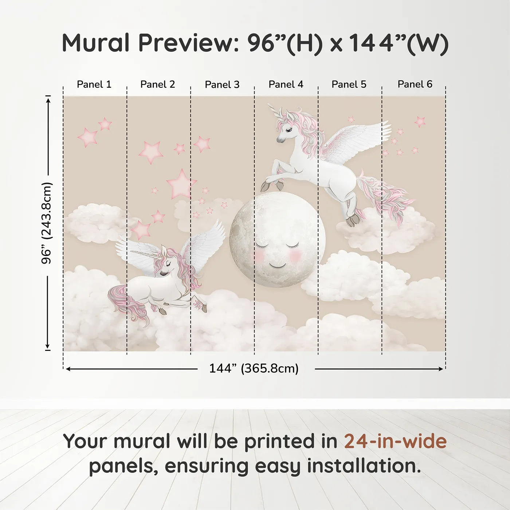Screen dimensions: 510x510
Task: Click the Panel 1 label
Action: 94,85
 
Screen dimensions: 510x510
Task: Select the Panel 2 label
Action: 157,85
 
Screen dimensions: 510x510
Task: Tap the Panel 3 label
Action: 222,85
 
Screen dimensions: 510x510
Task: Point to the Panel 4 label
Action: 286,85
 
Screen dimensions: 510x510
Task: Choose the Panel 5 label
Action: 349,85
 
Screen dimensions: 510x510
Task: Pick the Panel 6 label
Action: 415,84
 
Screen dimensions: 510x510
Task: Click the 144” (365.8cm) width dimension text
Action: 254,368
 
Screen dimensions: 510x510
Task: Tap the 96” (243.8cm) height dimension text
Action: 47,223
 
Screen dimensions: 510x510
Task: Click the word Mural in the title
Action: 96,43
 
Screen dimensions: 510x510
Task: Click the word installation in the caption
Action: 364,466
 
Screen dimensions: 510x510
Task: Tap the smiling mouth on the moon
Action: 277,265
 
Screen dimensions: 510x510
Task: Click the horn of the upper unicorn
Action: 274,111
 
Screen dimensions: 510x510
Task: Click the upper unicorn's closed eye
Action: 290,130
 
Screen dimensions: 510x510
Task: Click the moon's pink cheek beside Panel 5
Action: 295,255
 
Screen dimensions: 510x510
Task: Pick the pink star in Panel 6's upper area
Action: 420,121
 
